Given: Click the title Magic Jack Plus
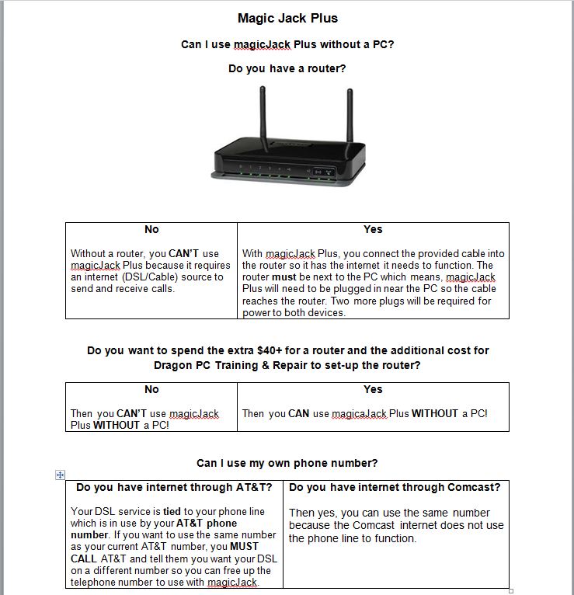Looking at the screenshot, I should (x=287, y=18).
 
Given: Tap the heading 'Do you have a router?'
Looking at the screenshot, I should (x=287, y=68).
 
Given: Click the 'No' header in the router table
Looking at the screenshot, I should (x=151, y=229).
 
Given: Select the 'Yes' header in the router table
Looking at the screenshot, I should (x=373, y=229).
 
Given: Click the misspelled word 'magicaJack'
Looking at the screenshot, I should (x=359, y=414).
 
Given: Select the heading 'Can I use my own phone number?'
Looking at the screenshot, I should (x=287, y=463).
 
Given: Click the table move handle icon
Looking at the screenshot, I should (x=61, y=475).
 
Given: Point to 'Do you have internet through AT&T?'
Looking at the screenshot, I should (x=174, y=487).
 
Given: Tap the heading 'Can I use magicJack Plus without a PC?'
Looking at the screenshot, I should (x=287, y=44).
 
